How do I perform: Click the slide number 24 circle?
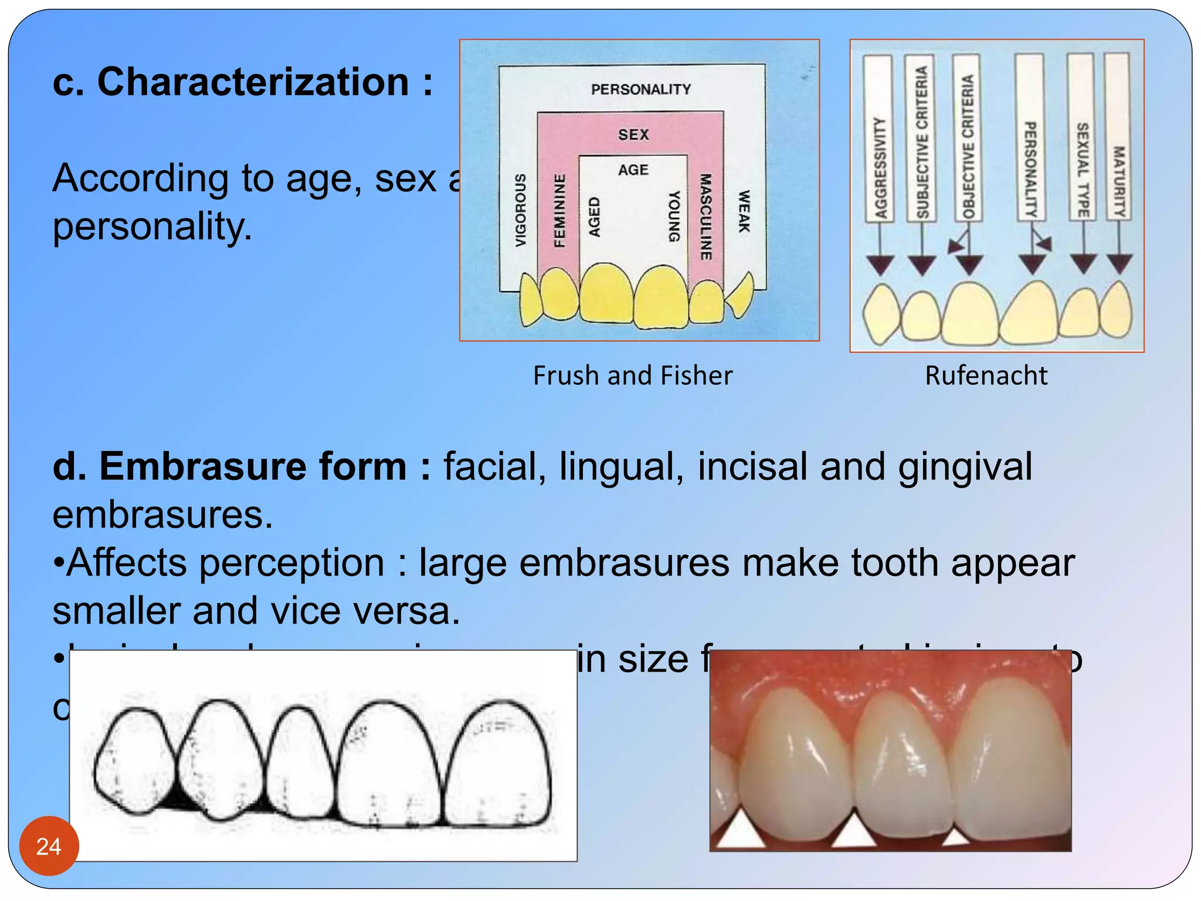click(x=49, y=846)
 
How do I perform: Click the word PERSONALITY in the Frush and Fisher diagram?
click(x=640, y=89)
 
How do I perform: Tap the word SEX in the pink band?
click(x=633, y=134)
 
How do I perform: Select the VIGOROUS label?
click(x=520, y=210)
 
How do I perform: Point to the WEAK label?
click(x=744, y=211)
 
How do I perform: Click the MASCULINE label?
click(x=705, y=216)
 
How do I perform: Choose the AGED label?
click(x=594, y=216)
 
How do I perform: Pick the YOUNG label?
click(x=674, y=216)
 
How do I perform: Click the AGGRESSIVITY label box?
click(x=878, y=140)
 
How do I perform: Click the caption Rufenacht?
click(x=986, y=375)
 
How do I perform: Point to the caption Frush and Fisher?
click(x=632, y=375)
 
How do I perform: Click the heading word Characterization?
click(x=253, y=82)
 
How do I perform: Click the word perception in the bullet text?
click(x=291, y=563)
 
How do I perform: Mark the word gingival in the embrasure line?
click(x=965, y=466)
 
